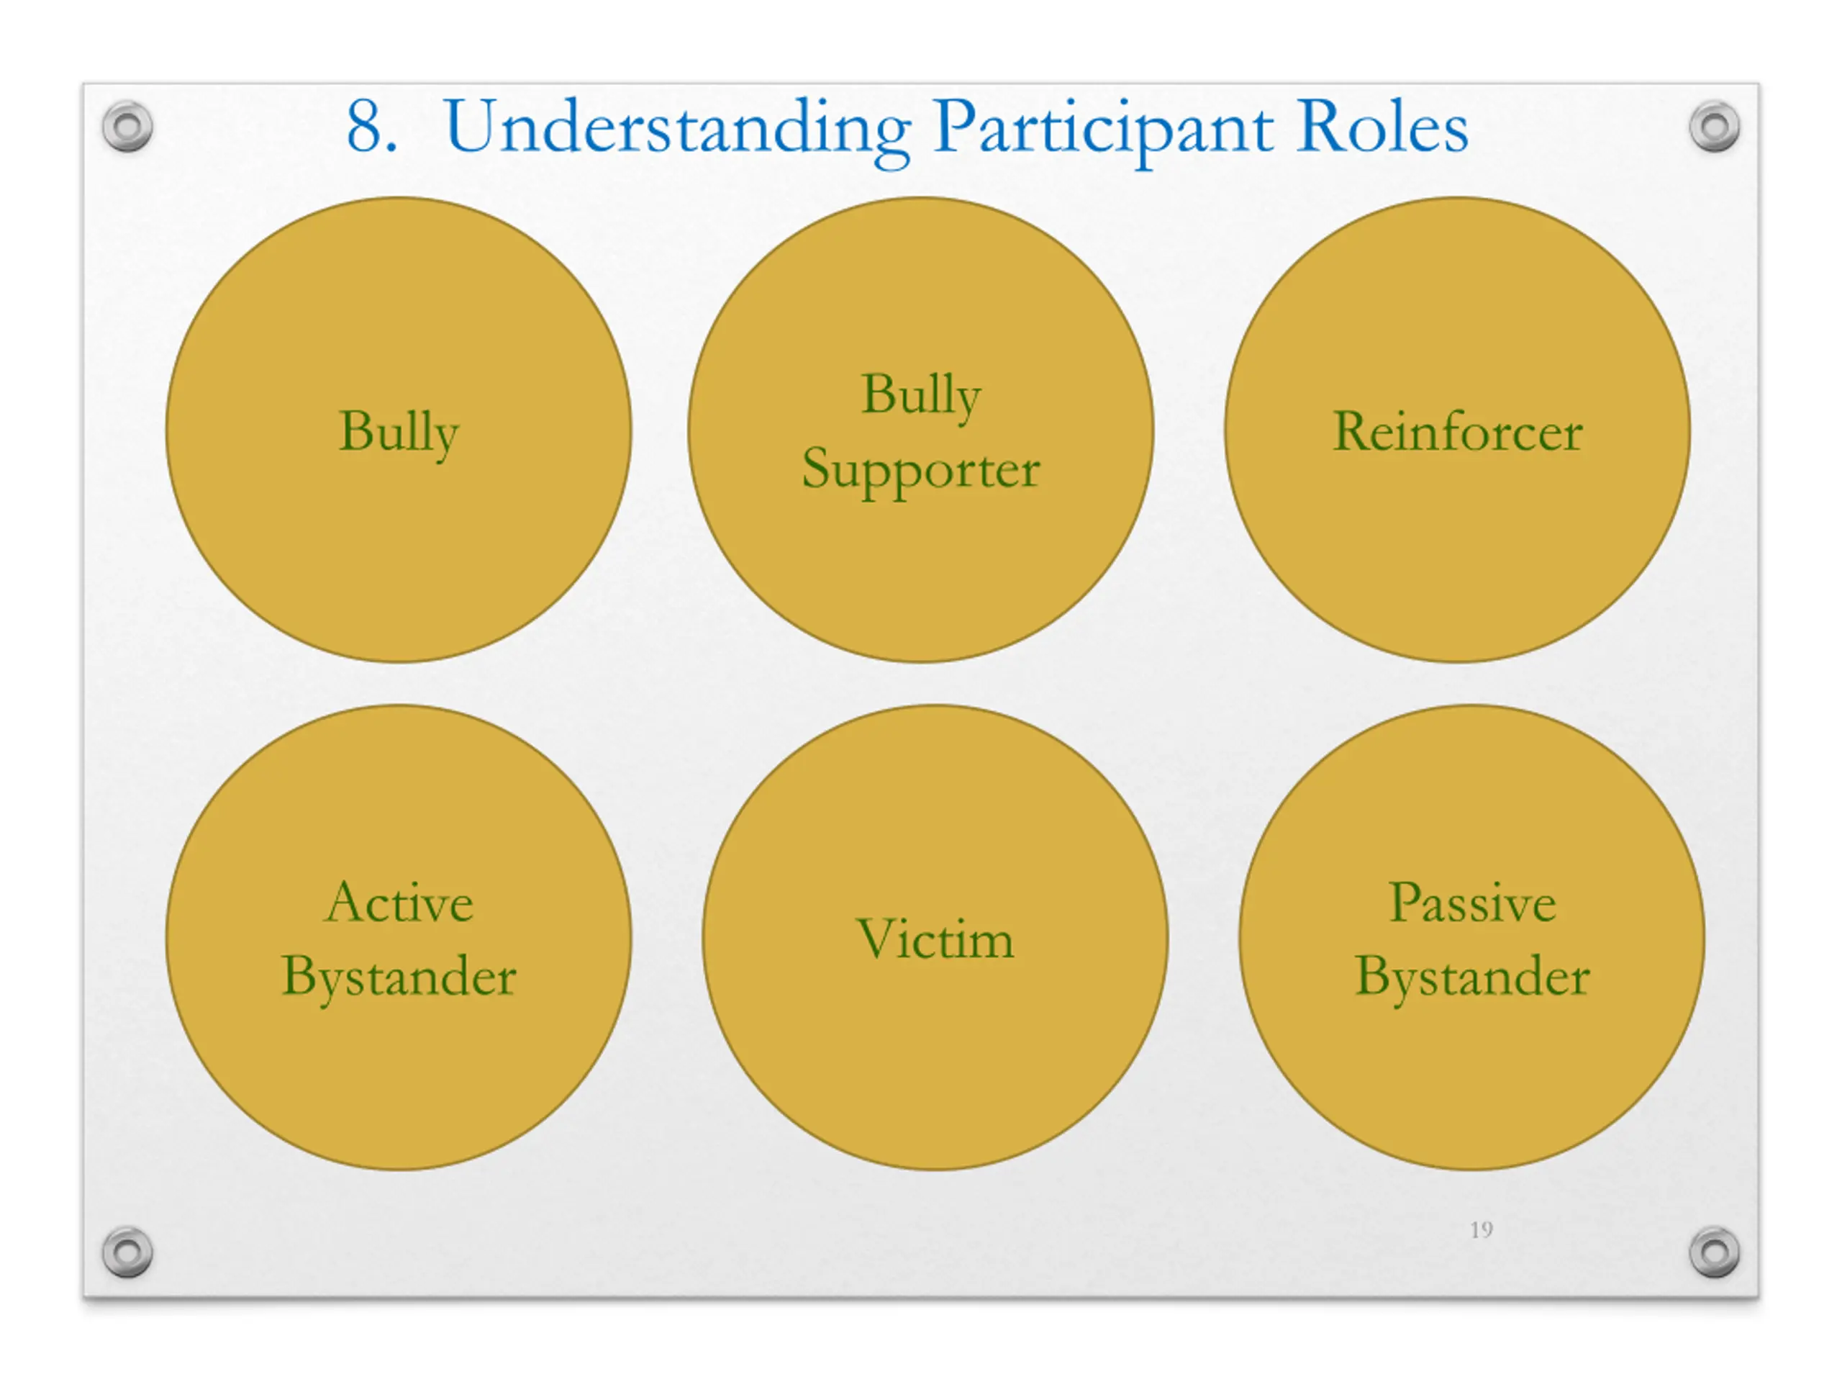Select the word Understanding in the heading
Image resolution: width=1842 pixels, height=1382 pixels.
(677, 132)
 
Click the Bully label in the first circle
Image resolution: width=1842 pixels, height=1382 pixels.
(399, 434)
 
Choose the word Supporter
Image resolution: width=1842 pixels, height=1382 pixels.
(921, 471)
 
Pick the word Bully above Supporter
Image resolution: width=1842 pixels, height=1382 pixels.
(921, 397)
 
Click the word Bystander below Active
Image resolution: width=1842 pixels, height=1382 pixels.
(399, 978)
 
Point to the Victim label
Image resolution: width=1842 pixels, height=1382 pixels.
(935, 939)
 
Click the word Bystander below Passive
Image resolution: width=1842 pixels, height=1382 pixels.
(1472, 978)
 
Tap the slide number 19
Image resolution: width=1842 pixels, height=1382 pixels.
(1482, 1229)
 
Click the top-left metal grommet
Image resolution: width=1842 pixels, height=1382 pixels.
(127, 127)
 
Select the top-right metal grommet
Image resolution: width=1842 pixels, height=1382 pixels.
(1715, 127)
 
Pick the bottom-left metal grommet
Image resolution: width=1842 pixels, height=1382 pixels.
(127, 1251)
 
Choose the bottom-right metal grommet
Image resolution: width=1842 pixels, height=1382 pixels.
(1715, 1251)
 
